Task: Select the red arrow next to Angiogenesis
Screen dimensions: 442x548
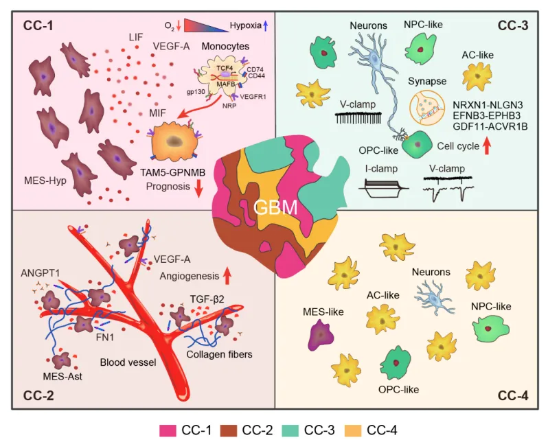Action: [226, 276]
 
